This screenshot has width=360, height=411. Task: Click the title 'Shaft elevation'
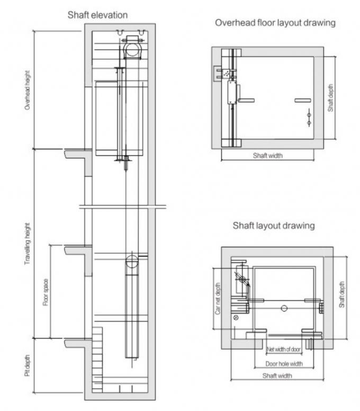coord(97,15)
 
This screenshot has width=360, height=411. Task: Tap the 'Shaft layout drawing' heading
coord(274,225)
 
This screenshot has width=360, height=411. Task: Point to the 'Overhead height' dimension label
coord(27,91)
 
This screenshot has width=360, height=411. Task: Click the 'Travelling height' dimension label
coord(27,244)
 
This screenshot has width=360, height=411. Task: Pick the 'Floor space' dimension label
coord(46,292)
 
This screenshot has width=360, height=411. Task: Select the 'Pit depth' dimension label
coord(27,365)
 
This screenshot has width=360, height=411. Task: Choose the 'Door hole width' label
coord(284,364)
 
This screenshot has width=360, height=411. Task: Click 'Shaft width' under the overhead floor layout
coord(267,156)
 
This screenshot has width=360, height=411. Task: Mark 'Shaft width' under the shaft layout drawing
coord(277,376)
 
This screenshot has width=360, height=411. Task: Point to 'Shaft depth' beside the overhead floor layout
coord(330,99)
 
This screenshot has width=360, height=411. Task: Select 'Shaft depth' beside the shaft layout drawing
coord(342,294)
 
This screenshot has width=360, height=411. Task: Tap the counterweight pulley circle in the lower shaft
coord(131,261)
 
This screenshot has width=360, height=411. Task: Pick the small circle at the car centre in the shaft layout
coord(284,308)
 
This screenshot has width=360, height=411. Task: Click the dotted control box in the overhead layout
coord(227,74)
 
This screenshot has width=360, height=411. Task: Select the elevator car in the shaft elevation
coord(120,119)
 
